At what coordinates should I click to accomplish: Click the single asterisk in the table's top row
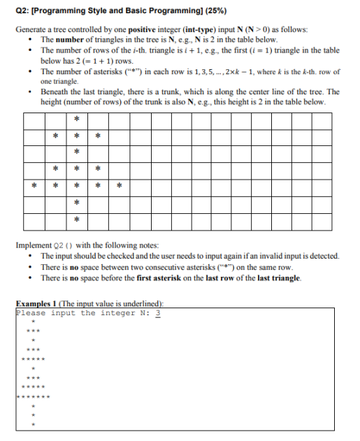click(x=76, y=117)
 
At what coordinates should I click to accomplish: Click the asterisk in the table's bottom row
click(x=76, y=221)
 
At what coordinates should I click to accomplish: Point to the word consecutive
click(x=155, y=267)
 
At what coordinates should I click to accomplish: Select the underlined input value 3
click(x=158, y=312)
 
